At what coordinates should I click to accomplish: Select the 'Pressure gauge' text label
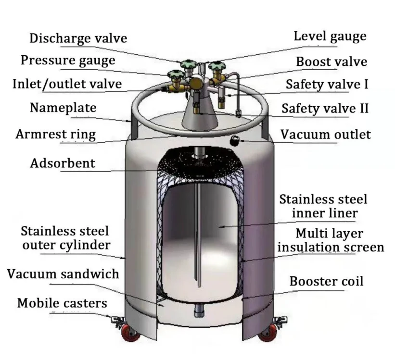(68, 61)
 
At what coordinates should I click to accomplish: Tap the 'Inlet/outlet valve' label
(67, 84)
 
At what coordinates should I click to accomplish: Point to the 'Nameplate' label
(63, 107)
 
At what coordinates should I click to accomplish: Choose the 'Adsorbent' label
(63, 163)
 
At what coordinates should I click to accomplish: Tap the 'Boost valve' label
(331, 62)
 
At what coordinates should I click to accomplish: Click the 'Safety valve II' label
(325, 108)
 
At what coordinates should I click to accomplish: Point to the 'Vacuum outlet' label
(326, 134)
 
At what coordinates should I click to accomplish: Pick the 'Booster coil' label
(326, 281)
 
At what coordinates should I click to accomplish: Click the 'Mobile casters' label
(62, 303)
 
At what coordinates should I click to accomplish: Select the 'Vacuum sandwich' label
(63, 274)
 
